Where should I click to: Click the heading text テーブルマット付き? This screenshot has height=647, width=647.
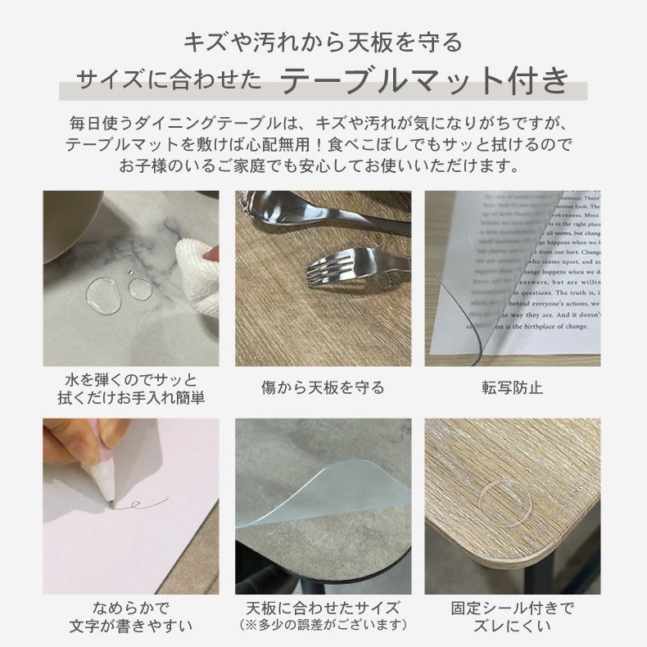[x=424, y=81]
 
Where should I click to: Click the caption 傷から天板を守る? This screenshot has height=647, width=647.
[x=323, y=387]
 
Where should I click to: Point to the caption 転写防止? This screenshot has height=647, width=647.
[x=512, y=387]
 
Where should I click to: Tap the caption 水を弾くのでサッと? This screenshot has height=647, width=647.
[x=130, y=381]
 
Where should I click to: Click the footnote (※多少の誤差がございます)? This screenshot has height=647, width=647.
[x=323, y=626]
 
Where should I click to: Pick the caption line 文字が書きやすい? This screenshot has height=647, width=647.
[x=130, y=627]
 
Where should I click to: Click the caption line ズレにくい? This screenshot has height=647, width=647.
[x=513, y=627]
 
